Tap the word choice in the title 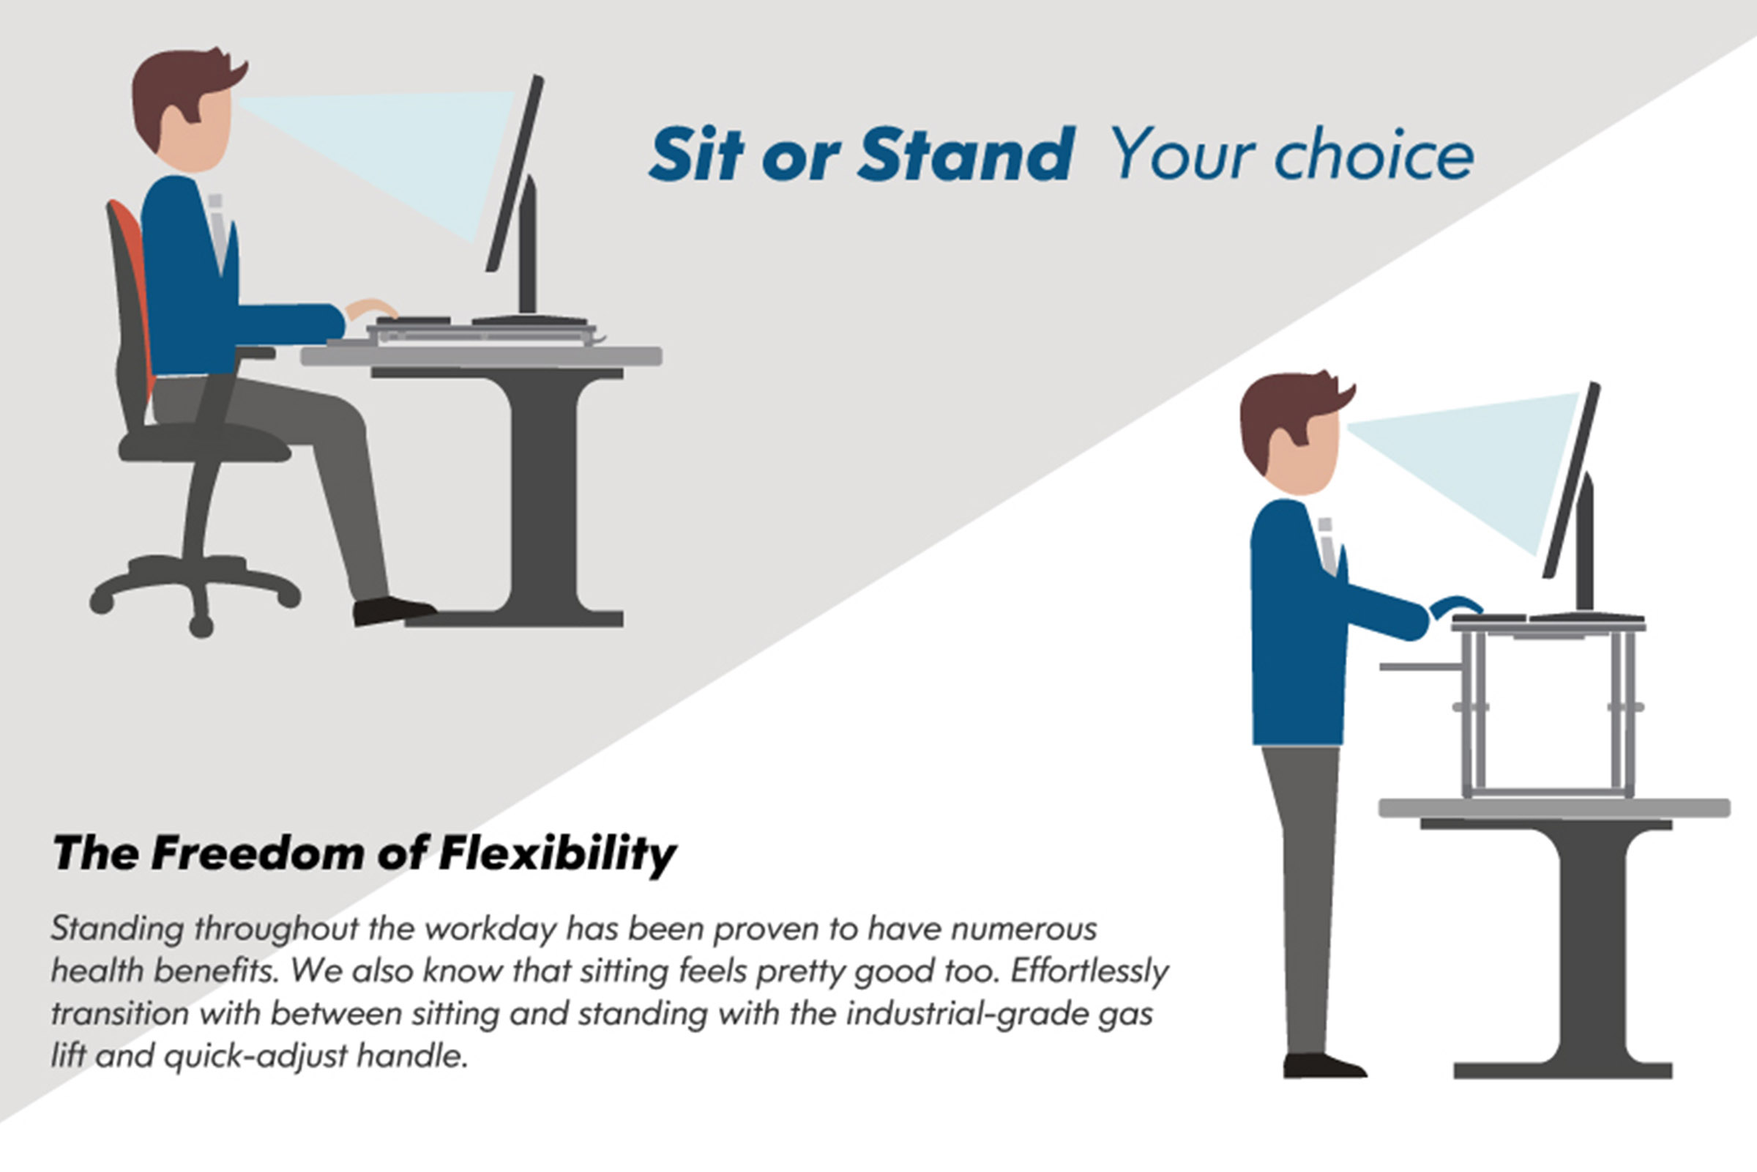(x=1375, y=155)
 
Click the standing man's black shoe (x=1323, y=1065)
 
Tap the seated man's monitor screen (x=515, y=174)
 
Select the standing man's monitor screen (x=1571, y=480)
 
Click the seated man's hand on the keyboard (x=370, y=308)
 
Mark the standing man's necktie (x=1327, y=546)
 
